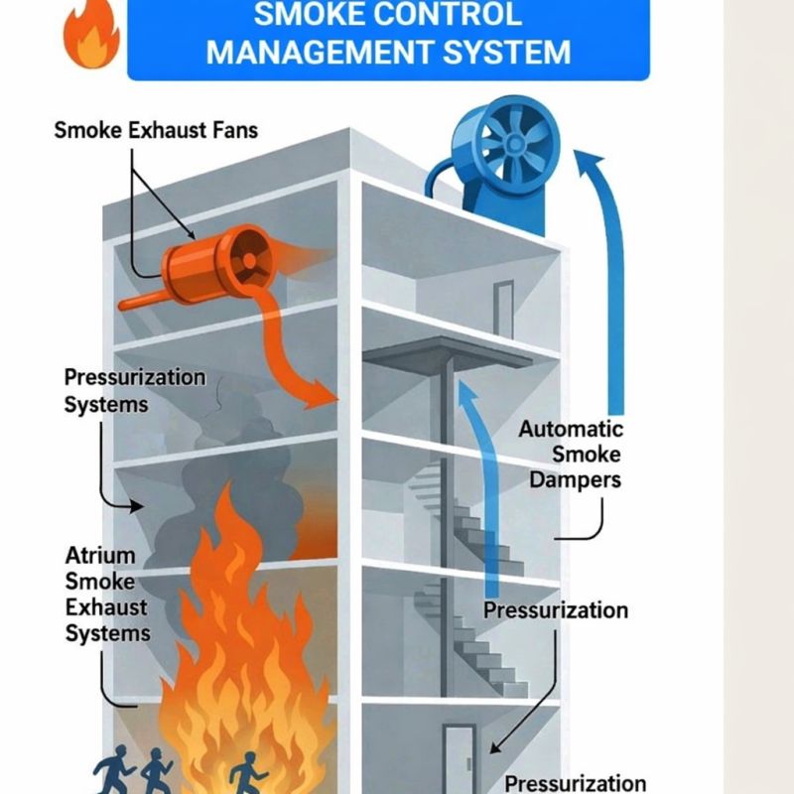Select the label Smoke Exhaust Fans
click(156, 130)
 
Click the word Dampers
click(575, 480)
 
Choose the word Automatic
click(571, 430)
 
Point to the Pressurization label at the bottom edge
click(575, 783)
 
